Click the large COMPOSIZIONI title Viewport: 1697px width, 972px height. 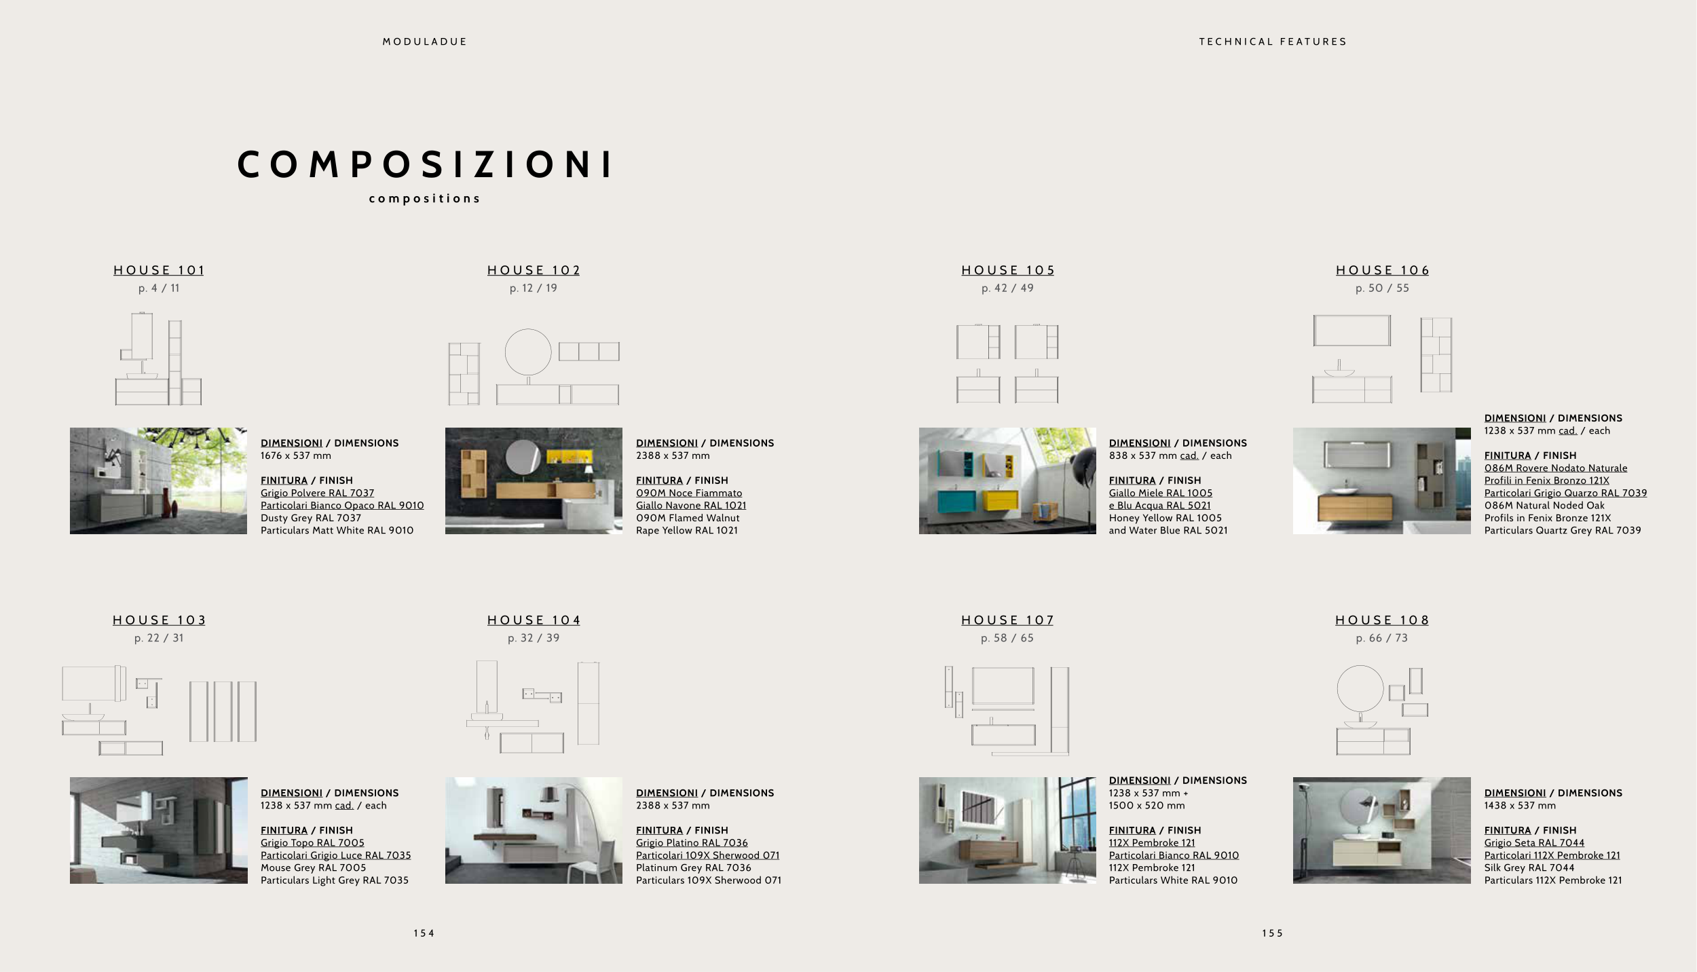425,165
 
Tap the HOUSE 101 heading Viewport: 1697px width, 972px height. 159,270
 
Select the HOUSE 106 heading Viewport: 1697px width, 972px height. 1383,270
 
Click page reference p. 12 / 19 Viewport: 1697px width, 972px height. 534,288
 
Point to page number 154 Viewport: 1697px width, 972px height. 424,933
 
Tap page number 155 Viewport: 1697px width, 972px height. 1273,933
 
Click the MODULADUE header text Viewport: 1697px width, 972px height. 425,41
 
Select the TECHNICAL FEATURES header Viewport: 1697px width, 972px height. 1273,41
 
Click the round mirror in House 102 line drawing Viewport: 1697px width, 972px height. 528,329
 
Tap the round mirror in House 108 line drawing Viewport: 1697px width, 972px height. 1360,666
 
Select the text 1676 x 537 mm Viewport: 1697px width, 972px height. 296,456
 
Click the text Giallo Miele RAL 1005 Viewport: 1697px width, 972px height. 1161,493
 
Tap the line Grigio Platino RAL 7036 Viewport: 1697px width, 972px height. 692,843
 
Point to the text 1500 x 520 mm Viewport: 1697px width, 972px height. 1147,806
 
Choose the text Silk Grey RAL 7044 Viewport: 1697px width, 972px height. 1529,868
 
